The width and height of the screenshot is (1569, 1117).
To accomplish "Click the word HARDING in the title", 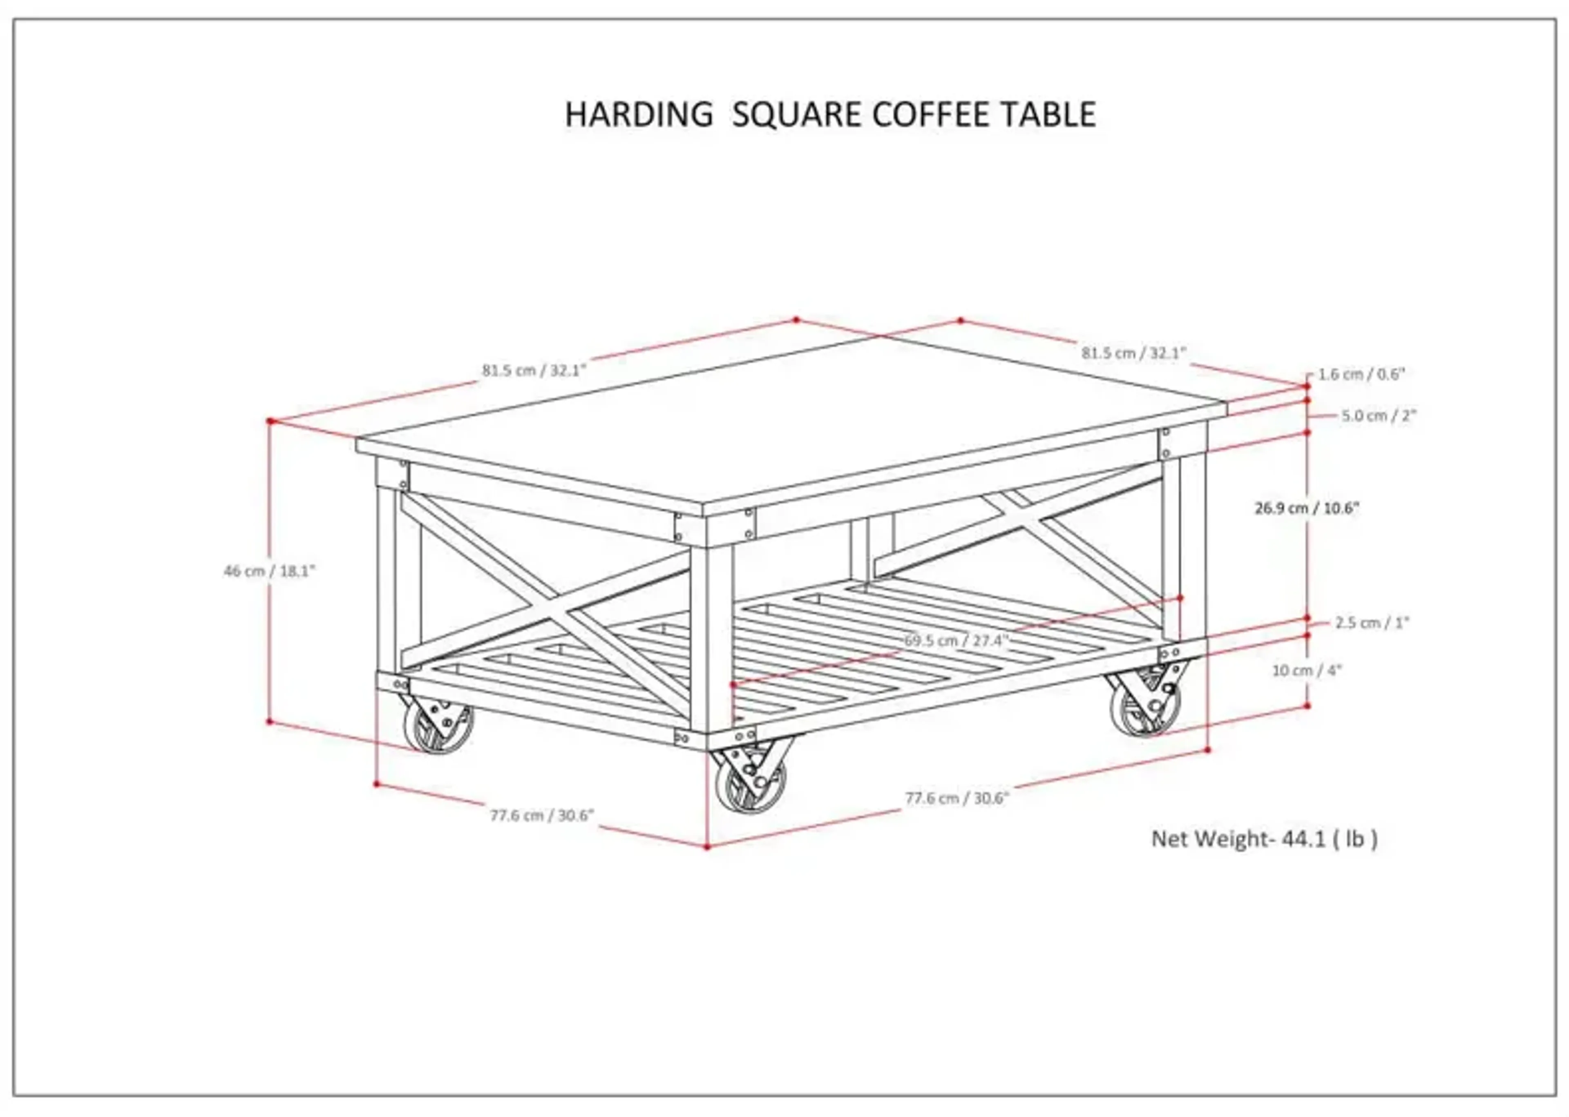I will pos(639,115).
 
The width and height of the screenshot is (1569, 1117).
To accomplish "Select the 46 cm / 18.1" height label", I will pos(269,571).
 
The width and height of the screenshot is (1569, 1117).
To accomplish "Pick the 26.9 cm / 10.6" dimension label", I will pos(1307,508).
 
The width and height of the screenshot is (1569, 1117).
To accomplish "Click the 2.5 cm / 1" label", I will pos(1372,622).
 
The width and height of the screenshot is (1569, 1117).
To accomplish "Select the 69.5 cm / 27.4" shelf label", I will pos(956,640).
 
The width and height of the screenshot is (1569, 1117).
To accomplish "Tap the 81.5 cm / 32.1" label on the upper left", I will pos(534,371).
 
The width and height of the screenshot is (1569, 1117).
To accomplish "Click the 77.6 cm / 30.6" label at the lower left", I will pos(541,816).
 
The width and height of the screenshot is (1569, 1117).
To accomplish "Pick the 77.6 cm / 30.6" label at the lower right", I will pos(957,798).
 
